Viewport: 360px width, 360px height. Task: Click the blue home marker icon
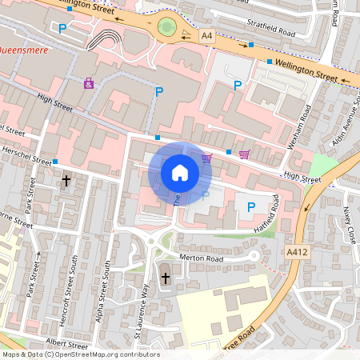(x=180, y=173)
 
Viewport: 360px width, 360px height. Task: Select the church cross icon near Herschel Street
(x=66, y=181)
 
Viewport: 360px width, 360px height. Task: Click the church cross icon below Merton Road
(x=166, y=278)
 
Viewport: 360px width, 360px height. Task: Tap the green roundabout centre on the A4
(x=167, y=27)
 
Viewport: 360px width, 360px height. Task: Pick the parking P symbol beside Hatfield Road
(x=250, y=207)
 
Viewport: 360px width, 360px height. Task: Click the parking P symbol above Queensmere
(x=62, y=28)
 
